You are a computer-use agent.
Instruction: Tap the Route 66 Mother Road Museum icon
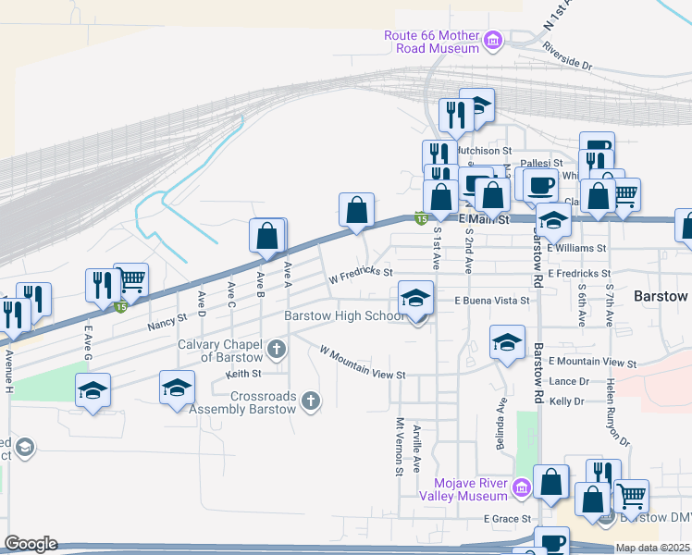click(x=493, y=41)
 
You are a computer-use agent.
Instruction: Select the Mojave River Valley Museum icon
click(x=521, y=487)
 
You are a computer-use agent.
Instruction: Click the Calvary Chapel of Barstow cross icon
click(x=277, y=350)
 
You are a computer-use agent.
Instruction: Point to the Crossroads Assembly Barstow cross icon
click(x=312, y=401)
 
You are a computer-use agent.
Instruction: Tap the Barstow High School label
click(x=343, y=315)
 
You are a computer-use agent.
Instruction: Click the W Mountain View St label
click(x=363, y=363)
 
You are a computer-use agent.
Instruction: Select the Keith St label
click(x=244, y=374)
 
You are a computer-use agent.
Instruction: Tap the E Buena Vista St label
click(x=491, y=301)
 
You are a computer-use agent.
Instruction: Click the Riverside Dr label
click(x=567, y=56)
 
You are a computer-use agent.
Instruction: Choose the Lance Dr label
click(x=569, y=381)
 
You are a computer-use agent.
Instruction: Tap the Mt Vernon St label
click(x=401, y=446)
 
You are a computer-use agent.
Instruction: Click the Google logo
click(x=31, y=544)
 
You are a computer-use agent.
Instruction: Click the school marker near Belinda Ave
click(x=507, y=342)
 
